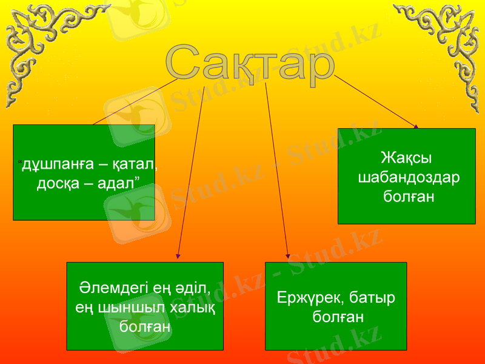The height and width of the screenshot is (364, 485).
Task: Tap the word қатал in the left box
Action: point(135,164)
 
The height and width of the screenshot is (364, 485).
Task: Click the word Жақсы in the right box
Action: point(406,159)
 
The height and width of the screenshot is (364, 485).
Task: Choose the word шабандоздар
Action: point(409,178)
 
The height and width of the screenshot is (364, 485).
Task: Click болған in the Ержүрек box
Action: point(338,317)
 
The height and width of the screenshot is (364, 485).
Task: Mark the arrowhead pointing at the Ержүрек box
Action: point(287,257)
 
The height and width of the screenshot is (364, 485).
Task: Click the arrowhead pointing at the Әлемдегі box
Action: point(178,257)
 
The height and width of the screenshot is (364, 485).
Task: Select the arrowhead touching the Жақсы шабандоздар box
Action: point(416,126)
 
